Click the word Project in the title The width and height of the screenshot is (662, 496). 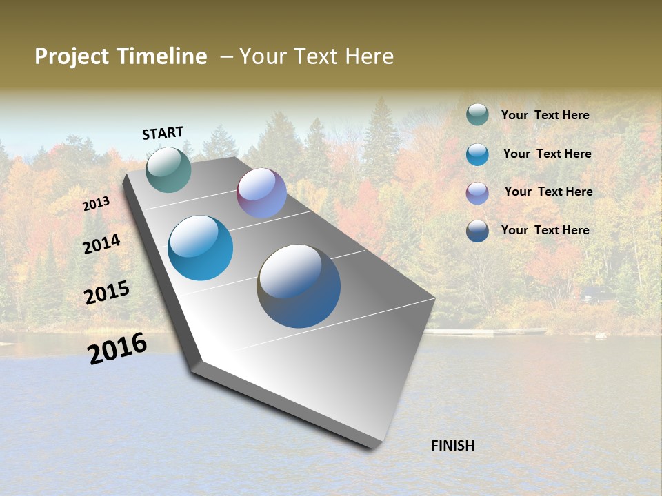tap(72, 56)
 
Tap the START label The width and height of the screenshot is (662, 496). tap(163, 133)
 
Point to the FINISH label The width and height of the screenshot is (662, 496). tap(453, 446)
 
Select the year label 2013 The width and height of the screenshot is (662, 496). tap(97, 203)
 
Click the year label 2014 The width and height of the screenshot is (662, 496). tap(102, 244)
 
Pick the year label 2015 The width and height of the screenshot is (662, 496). tap(107, 293)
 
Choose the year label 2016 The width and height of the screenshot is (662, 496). tap(117, 348)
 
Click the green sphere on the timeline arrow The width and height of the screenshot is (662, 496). tap(168, 169)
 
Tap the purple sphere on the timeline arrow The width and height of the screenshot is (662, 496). tap(261, 193)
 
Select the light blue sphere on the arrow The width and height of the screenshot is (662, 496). tap(201, 248)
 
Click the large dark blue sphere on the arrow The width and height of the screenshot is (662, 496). tap(299, 286)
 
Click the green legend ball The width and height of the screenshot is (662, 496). tap(477, 114)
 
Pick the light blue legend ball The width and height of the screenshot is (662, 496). tap(477, 154)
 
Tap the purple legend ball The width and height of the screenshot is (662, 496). tap(477, 193)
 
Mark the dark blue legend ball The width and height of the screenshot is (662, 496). tap(477, 231)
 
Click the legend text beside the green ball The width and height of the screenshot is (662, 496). tap(545, 115)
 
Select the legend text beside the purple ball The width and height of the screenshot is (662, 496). tap(548, 192)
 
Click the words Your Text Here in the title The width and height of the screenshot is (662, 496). tap(317, 56)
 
